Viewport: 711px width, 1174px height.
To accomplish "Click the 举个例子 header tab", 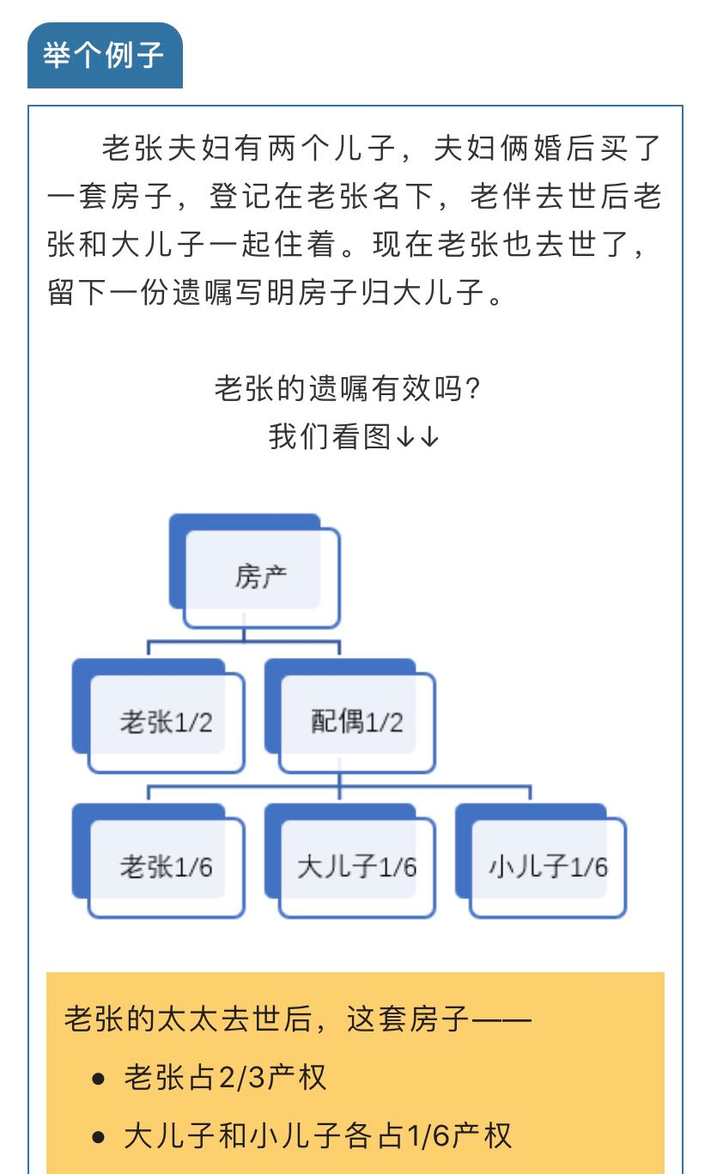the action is [x=105, y=55].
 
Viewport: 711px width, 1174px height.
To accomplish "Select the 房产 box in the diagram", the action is [x=255, y=571].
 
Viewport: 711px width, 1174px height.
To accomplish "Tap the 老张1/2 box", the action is [x=159, y=716].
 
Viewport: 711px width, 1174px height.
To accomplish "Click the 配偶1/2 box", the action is [x=350, y=716].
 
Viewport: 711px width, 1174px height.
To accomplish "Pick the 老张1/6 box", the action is [x=159, y=861].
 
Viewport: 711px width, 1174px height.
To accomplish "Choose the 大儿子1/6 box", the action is [x=350, y=861].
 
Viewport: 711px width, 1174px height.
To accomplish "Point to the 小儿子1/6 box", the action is [x=541, y=861].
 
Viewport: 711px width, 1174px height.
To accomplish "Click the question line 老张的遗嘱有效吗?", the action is [x=348, y=389].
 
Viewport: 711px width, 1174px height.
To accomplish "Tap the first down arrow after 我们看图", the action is [x=405, y=436].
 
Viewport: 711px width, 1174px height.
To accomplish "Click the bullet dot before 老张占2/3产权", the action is [x=98, y=1080].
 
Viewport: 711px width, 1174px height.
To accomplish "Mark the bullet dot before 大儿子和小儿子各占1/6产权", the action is [x=98, y=1137].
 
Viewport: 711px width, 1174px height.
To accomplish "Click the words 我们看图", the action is [x=330, y=436].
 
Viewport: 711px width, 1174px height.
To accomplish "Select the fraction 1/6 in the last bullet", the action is [x=429, y=1136].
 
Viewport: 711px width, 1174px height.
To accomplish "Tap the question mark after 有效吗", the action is [x=472, y=389].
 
